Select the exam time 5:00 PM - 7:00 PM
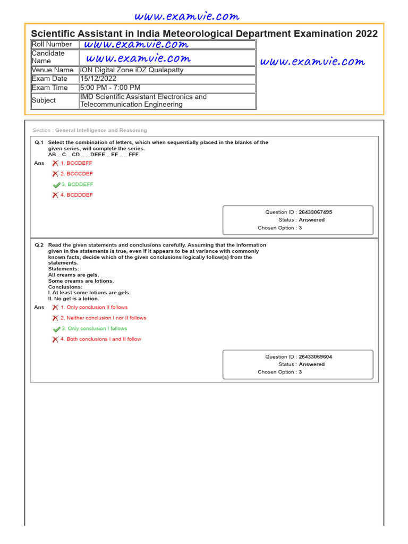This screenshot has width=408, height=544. tap(110, 88)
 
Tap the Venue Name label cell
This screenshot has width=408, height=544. tap(53, 70)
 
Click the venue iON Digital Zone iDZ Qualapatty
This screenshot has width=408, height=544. tap(132, 70)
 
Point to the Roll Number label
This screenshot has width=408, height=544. tap(52, 45)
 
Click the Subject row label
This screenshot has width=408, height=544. tap(44, 100)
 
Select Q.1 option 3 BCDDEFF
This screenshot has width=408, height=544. tap(77, 184)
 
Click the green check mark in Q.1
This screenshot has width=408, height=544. tap(56, 185)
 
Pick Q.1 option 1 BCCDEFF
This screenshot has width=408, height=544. tap(76, 163)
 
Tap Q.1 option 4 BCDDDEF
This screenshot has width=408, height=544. tap(76, 195)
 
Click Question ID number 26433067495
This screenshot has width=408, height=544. tap(315, 212)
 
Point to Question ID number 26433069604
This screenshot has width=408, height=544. tap(315, 357)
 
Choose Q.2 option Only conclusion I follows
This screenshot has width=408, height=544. tap(94, 329)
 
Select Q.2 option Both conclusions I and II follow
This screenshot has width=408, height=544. tap(101, 339)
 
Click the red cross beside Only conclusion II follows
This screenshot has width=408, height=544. tap(55, 308)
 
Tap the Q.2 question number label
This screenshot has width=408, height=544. tap(39, 245)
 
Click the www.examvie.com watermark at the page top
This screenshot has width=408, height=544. tap(187, 17)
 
